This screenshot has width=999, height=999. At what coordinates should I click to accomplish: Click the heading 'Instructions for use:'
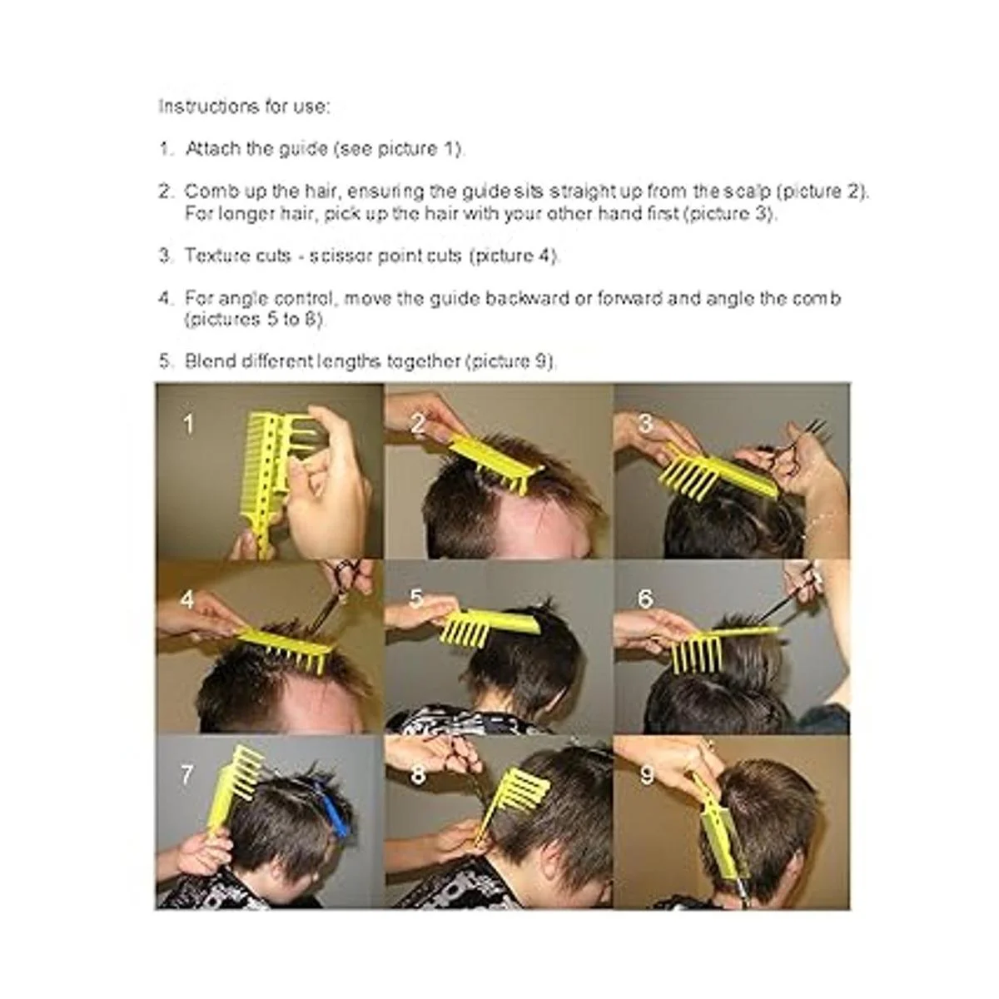point(244,107)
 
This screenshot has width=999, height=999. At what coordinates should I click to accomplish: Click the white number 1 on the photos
point(188,424)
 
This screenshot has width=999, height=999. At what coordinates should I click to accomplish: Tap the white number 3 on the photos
point(645,424)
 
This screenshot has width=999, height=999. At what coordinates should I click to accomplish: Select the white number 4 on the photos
point(187,599)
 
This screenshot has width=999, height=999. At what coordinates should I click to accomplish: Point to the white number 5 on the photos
point(415,599)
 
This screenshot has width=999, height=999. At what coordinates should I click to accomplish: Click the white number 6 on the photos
point(645,599)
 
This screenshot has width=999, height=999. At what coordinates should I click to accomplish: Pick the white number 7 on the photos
point(187,776)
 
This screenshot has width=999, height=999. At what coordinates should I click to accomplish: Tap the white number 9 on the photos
point(646,776)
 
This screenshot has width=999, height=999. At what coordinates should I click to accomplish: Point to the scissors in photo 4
point(340,596)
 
